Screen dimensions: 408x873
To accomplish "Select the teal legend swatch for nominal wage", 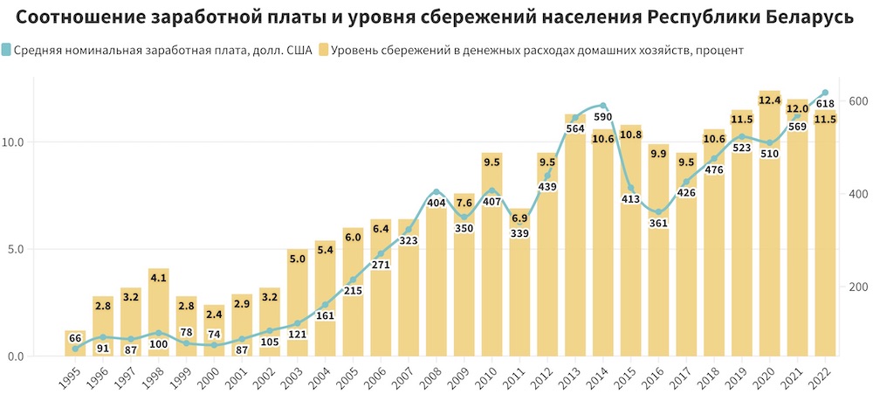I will [x=7, y=51].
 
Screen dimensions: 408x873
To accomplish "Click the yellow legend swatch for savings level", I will [x=326, y=51].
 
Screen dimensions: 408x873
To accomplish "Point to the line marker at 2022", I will [x=824, y=93].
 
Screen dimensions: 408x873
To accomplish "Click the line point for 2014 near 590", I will [x=602, y=106].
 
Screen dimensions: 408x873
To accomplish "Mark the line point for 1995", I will [x=75, y=349].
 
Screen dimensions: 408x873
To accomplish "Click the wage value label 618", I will [x=825, y=104].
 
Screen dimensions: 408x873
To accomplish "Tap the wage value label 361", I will [x=658, y=222].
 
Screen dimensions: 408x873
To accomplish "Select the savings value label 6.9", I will [x=519, y=218].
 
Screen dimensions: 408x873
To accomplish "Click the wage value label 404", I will [x=436, y=203].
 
